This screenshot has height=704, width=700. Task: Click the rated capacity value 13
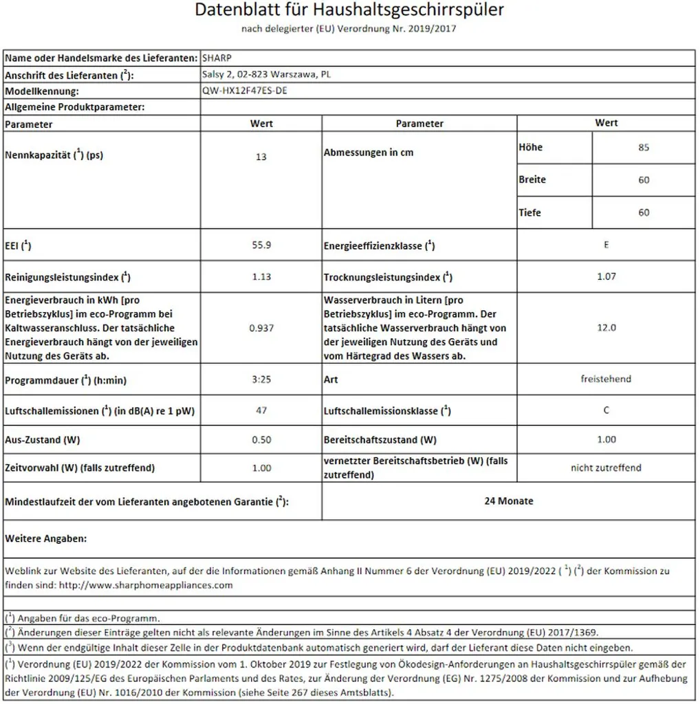[x=261, y=157]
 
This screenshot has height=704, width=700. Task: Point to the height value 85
[x=644, y=147]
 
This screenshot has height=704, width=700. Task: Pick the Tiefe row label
[x=530, y=213]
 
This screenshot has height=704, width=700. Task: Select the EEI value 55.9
[x=261, y=245]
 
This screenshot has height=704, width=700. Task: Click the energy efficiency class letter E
[x=606, y=245]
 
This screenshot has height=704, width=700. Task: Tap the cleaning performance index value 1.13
[x=261, y=276]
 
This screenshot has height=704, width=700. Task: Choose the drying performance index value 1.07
[x=606, y=276]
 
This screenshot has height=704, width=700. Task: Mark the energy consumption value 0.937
[x=261, y=328]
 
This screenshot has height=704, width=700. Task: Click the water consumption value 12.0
[x=606, y=328]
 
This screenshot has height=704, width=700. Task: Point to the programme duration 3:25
[x=261, y=379]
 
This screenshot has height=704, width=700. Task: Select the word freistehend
[x=606, y=379]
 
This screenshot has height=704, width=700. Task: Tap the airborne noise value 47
[x=261, y=410]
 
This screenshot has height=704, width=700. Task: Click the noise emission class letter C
[x=606, y=410]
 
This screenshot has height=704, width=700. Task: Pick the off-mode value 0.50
[x=261, y=439]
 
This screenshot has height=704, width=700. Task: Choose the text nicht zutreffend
[x=606, y=467]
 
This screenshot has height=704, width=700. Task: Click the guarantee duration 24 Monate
[x=508, y=501]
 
